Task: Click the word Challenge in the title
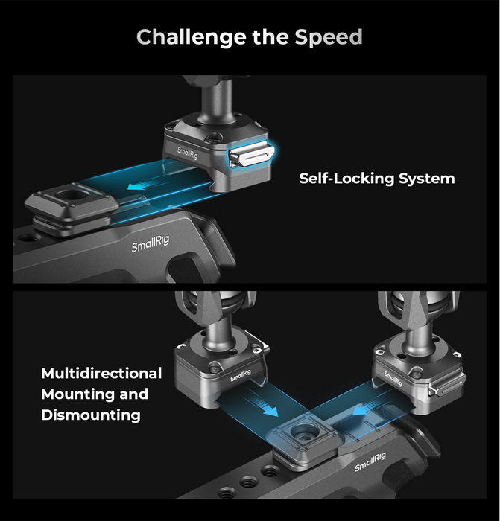point(192,37)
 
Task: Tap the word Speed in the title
point(329,37)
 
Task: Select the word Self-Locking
point(346,179)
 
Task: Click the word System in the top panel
point(427,179)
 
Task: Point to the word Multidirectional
point(101,373)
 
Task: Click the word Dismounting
point(91,415)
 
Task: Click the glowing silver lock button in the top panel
point(250,156)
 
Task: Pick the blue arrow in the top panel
point(144,184)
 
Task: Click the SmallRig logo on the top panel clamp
point(188,153)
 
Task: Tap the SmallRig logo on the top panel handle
point(151,243)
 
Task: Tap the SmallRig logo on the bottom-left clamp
point(240,375)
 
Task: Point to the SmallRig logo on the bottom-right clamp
point(393,378)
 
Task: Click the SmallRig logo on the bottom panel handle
point(370,461)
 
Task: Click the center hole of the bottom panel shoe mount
point(303,431)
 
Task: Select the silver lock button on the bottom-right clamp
point(446,387)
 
